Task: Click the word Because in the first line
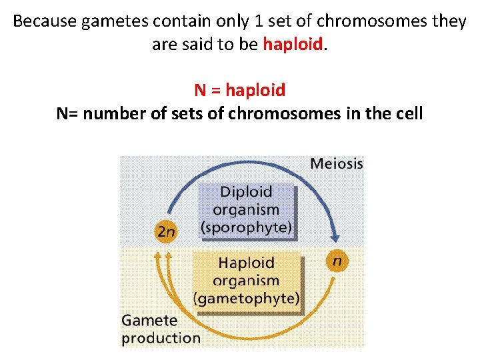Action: pyautogui.click(x=44, y=21)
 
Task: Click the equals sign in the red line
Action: pyautogui.click(x=217, y=90)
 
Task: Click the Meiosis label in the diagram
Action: pyautogui.click(x=337, y=163)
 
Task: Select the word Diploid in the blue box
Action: pyautogui.click(x=246, y=192)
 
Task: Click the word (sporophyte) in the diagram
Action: pyautogui.click(x=246, y=227)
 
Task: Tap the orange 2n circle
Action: pyautogui.click(x=165, y=231)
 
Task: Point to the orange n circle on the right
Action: pyautogui.click(x=337, y=261)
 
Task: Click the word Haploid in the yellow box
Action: pyautogui.click(x=246, y=263)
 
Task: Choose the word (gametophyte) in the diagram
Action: pyautogui.click(x=246, y=298)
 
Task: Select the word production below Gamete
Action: pyautogui.click(x=160, y=337)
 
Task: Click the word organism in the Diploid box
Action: pyautogui.click(x=246, y=209)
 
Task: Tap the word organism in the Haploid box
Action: pyautogui.click(x=246, y=280)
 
